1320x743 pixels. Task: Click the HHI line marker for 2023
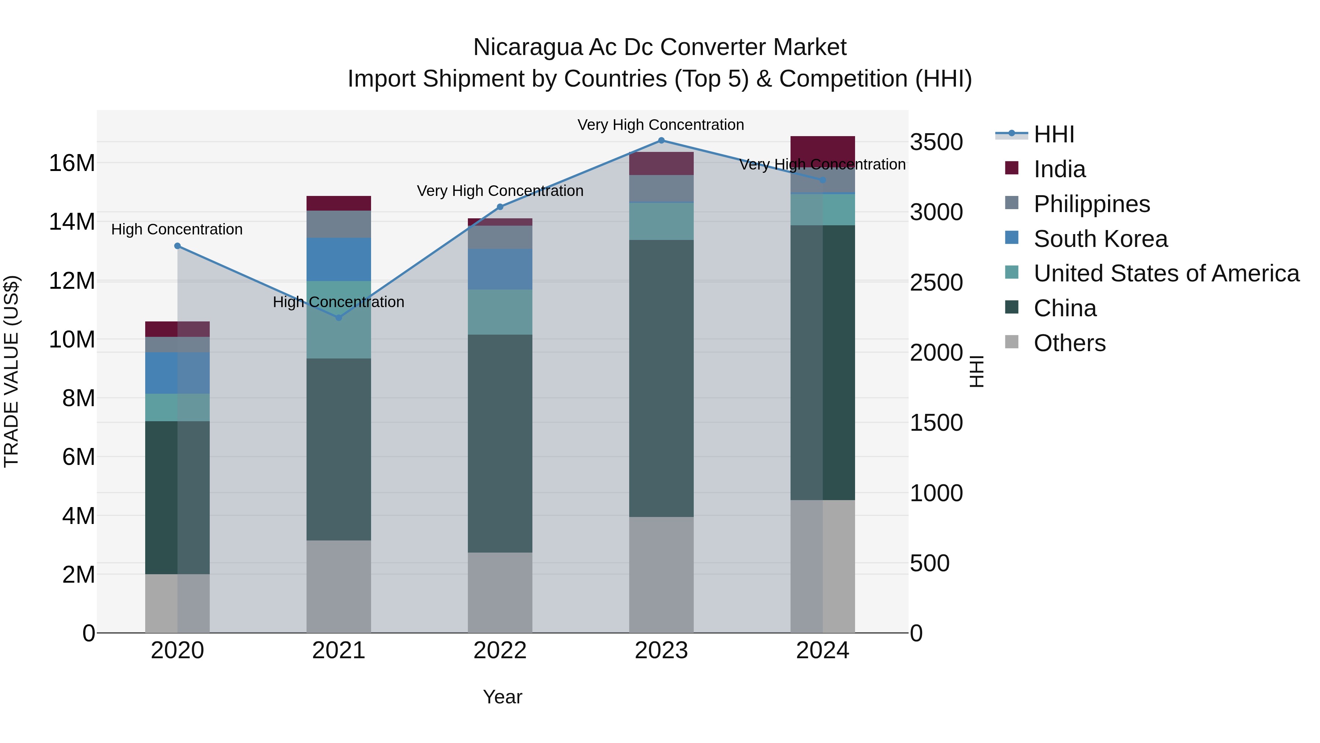coord(661,141)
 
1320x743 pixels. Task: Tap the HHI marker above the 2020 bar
coord(177,246)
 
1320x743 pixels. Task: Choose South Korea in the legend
coord(1100,239)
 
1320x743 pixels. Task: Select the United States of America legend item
coord(1166,273)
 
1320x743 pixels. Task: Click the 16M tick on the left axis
coord(72,163)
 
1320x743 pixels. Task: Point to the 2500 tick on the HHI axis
coord(936,283)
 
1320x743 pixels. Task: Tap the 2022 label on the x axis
coord(500,651)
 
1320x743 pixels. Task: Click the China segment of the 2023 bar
coord(661,378)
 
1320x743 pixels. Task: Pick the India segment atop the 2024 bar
coord(822,150)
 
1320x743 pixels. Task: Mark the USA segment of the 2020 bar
coord(177,408)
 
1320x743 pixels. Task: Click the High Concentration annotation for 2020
coord(177,229)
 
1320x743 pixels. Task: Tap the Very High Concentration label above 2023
coord(660,125)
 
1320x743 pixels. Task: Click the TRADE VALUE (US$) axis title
coord(11,371)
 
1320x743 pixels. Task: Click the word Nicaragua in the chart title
coord(528,47)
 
